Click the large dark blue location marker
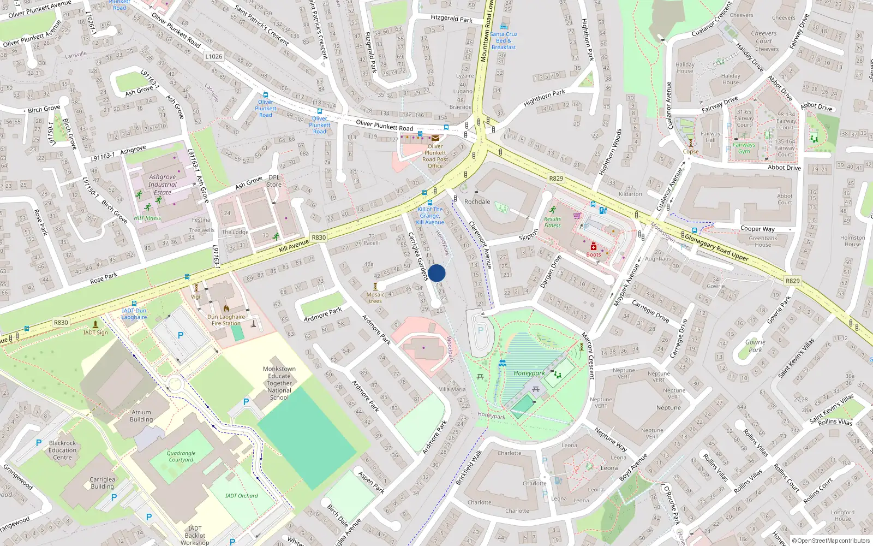[x=436, y=273]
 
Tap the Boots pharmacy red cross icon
[x=594, y=247]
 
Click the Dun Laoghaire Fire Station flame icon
[x=226, y=308]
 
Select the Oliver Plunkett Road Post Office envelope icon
[x=435, y=138]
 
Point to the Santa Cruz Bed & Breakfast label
[x=503, y=40]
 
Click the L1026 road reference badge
[x=214, y=56]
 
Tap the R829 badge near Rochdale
[x=556, y=179]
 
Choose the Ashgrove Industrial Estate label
[x=163, y=185]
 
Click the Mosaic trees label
[x=375, y=298]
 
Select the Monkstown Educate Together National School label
[x=279, y=383]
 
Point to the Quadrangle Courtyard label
[x=181, y=456]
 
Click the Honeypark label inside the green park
[x=529, y=373]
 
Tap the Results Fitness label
[x=552, y=222]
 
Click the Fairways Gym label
[x=744, y=148]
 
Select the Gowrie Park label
[x=755, y=346]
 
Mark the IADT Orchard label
[x=242, y=496]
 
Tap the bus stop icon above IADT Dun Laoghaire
[x=134, y=304]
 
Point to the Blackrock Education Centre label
[x=62, y=450]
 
